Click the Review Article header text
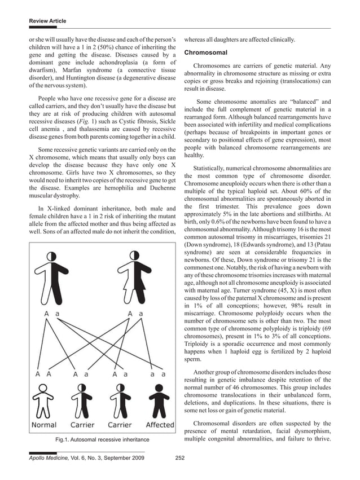click(x=47, y=21)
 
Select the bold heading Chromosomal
click(x=206, y=52)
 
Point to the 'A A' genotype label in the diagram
click(x=43, y=373)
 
